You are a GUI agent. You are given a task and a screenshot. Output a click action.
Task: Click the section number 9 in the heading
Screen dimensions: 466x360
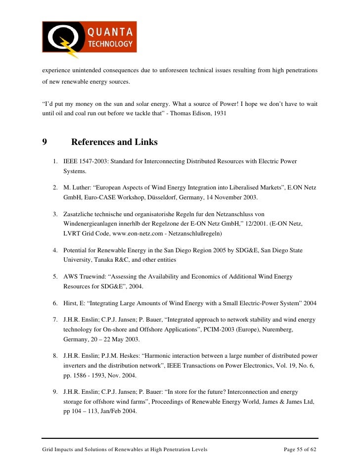point(44,142)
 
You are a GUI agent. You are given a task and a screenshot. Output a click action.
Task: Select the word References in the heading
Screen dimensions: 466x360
point(93,142)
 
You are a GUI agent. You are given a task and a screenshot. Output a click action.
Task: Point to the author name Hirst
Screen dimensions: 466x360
point(71,303)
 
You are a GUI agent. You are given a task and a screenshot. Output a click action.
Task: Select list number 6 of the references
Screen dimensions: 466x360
point(55,303)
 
